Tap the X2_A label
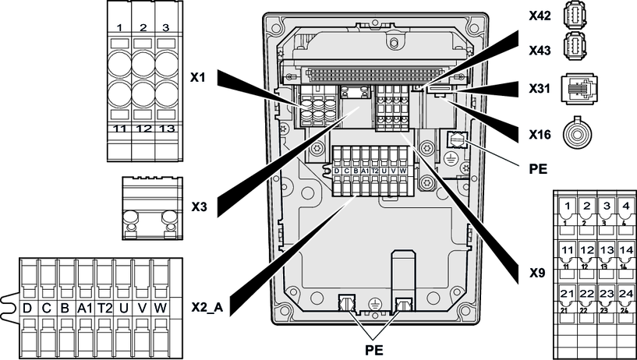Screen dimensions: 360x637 (x=207, y=307)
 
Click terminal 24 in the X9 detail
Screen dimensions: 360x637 (x=625, y=294)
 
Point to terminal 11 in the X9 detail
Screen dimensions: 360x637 (x=568, y=251)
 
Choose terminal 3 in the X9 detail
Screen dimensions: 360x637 (x=607, y=207)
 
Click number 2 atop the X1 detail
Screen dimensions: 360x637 (x=143, y=28)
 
